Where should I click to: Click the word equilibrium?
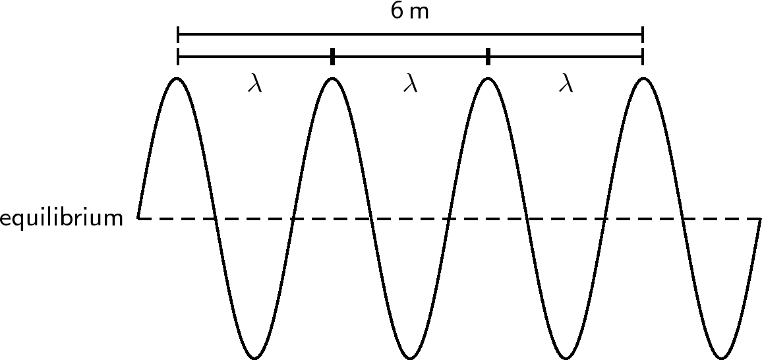click(x=61, y=218)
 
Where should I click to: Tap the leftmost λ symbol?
click(x=255, y=84)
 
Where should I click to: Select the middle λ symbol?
click(x=410, y=84)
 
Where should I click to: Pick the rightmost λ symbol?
click(x=565, y=84)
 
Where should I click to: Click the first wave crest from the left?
click(x=177, y=78)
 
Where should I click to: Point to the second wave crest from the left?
click(x=332, y=78)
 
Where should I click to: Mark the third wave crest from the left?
click(x=487, y=78)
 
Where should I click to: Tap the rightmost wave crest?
click(x=642, y=78)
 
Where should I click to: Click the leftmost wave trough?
click(x=255, y=358)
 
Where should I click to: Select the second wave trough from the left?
click(x=410, y=358)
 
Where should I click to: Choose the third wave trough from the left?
click(x=565, y=358)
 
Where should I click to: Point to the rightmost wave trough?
click(x=720, y=358)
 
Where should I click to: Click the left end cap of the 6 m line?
click(x=178, y=34)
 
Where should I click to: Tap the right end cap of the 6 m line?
click(x=642, y=34)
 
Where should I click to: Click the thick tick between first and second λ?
click(x=332, y=57)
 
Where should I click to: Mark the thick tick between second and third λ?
click(x=488, y=57)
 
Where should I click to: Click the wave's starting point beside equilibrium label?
click(x=138, y=217)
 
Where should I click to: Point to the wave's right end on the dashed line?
click(x=760, y=218)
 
